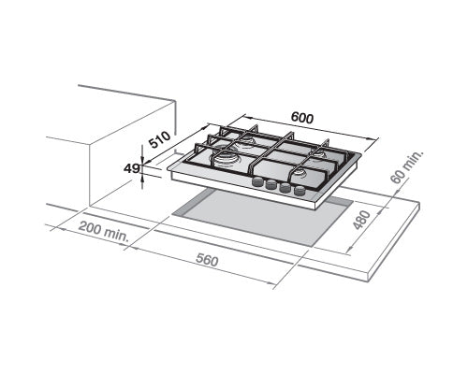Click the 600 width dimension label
pos(300,120)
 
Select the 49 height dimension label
pos(131,169)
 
